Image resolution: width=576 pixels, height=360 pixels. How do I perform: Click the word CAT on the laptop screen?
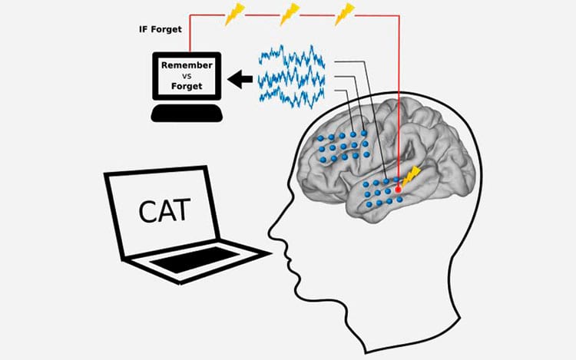click(164, 210)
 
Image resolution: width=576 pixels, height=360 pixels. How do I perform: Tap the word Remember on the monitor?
click(187, 65)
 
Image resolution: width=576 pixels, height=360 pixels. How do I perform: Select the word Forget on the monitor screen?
click(187, 87)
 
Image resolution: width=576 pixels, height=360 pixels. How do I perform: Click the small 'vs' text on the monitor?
click(187, 76)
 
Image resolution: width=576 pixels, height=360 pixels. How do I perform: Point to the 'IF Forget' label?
click(161, 29)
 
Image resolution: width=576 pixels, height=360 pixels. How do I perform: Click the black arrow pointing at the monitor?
click(240, 79)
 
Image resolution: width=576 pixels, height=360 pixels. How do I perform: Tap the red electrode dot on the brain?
click(398, 190)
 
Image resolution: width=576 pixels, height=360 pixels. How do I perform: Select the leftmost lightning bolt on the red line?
click(234, 14)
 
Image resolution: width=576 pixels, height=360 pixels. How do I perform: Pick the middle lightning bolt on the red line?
click(290, 14)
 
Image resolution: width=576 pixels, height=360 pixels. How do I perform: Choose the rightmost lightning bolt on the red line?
click(345, 14)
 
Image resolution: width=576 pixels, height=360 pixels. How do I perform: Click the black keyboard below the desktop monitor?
click(187, 113)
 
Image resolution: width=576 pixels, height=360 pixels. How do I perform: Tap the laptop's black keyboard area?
click(195, 259)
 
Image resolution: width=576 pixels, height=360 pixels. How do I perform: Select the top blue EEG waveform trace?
click(292, 57)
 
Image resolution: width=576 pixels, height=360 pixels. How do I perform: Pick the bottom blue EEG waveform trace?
click(292, 96)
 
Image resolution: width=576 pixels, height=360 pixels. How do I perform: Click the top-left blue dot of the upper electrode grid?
click(320, 138)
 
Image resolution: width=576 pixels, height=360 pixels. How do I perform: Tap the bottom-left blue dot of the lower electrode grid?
click(369, 204)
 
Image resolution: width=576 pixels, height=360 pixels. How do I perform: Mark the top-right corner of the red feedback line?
click(399, 16)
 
